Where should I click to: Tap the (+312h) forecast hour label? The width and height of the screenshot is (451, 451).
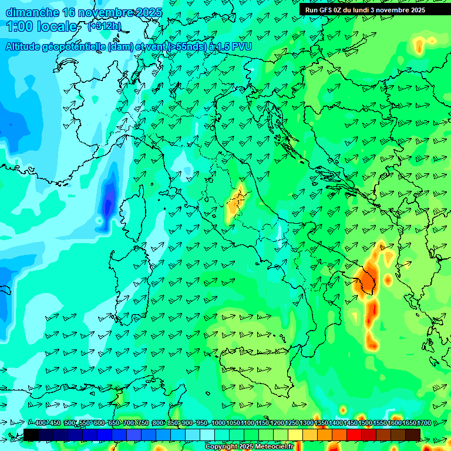[x=105, y=26]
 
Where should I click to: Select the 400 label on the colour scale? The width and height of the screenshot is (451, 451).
[x=41, y=423]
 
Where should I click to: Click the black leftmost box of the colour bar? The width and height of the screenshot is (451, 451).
[x=31, y=435]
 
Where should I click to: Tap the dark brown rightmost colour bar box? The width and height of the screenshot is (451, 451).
[x=413, y=435]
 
